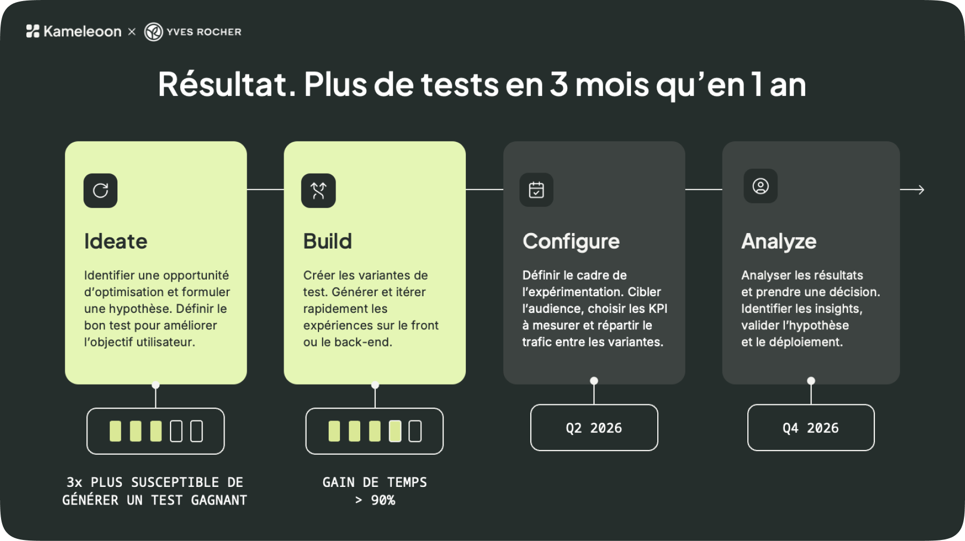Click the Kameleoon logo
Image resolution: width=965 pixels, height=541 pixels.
[x=74, y=32]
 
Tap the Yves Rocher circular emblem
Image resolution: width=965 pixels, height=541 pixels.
[x=153, y=32]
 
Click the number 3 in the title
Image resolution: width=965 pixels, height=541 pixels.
[x=559, y=84]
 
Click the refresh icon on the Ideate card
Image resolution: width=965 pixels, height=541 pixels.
[x=100, y=191]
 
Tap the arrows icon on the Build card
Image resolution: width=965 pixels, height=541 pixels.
[x=318, y=191]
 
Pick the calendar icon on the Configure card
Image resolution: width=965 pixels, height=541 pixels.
[x=536, y=190]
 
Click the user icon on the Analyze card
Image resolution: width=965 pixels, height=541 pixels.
[x=760, y=186]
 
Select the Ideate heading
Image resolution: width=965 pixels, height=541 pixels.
[x=116, y=241]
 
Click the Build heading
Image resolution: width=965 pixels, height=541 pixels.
[x=328, y=241]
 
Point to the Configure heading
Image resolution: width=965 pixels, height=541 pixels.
[x=571, y=242]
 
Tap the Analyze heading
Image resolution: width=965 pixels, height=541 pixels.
[x=778, y=242]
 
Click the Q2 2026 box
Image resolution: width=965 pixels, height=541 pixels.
[x=594, y=427]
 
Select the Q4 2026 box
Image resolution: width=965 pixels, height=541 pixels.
[x=811, y=427]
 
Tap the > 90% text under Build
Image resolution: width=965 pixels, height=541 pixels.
[x=375, y=500]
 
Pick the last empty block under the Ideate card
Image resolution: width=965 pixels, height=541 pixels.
[x=197, y=431]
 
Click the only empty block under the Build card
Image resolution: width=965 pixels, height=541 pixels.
[x=415, y=431]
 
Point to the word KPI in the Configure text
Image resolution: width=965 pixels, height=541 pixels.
[x=658, y=309]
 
